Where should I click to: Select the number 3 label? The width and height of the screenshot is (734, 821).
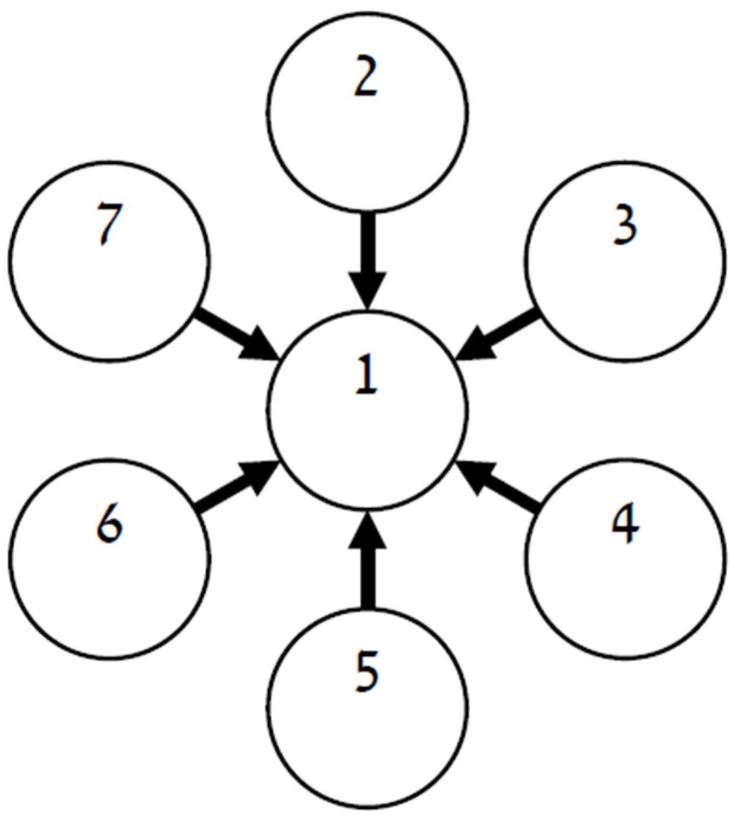[625, 227]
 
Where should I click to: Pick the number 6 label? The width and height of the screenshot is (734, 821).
[110, 525]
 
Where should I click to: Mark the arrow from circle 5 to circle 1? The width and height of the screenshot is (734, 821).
[367, 563]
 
